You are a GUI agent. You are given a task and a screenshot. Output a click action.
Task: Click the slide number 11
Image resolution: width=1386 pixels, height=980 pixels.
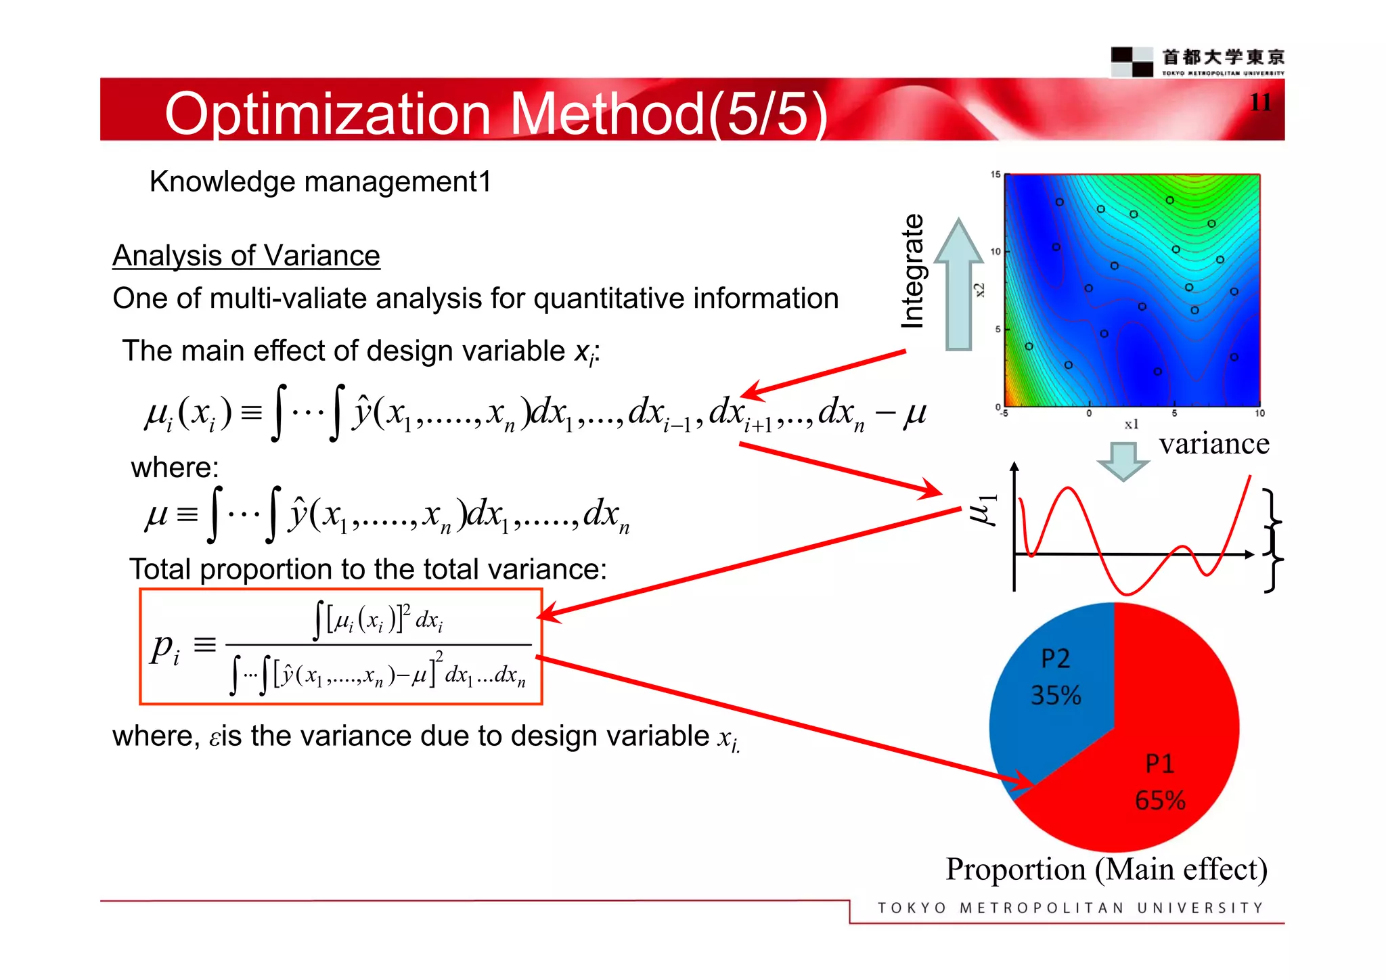click(1259, 102)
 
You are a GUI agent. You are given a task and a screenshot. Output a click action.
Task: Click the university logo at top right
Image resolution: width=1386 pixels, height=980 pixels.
click(1198, 62)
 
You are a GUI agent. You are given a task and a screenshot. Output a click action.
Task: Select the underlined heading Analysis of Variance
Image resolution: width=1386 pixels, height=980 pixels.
click(246, 256)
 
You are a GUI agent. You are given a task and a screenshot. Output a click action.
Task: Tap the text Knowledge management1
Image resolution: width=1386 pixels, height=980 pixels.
click(320, 181)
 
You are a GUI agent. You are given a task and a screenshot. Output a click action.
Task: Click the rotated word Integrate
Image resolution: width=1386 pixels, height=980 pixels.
click(913, 271)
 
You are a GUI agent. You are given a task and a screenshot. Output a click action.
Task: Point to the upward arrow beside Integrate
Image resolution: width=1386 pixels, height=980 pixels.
click(958, 284)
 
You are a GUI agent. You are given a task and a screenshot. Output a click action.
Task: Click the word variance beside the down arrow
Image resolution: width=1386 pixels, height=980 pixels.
click(1214, 444)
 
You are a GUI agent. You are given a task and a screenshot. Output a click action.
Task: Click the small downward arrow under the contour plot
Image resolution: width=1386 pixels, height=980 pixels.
click(1123, 461)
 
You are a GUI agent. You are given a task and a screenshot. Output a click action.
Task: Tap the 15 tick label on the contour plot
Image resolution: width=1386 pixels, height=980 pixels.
click(995, 175)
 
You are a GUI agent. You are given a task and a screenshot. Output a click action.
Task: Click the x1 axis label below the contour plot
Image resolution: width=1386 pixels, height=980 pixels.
click(1131, 424)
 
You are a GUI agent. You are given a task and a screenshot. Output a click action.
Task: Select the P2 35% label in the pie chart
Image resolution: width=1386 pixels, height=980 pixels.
click(1055, 677)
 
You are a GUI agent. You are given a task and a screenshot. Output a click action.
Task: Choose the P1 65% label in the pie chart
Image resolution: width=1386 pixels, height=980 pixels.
click(1160, 782)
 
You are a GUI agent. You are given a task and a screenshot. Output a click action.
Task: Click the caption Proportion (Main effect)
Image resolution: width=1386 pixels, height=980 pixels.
click(1106, 869)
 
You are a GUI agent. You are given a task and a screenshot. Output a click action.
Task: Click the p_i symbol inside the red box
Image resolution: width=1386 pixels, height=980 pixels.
click(165, 648)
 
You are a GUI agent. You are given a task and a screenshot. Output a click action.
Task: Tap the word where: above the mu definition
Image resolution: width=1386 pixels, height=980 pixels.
click(175, 468)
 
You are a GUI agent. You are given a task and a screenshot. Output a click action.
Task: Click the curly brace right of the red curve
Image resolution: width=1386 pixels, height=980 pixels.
click(1273, 540)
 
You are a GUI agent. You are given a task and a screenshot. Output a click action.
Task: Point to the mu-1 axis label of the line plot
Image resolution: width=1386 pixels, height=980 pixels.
click(983, 508)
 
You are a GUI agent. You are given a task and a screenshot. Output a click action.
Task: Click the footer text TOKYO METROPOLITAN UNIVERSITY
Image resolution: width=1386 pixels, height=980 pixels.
click(1070, 908)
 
